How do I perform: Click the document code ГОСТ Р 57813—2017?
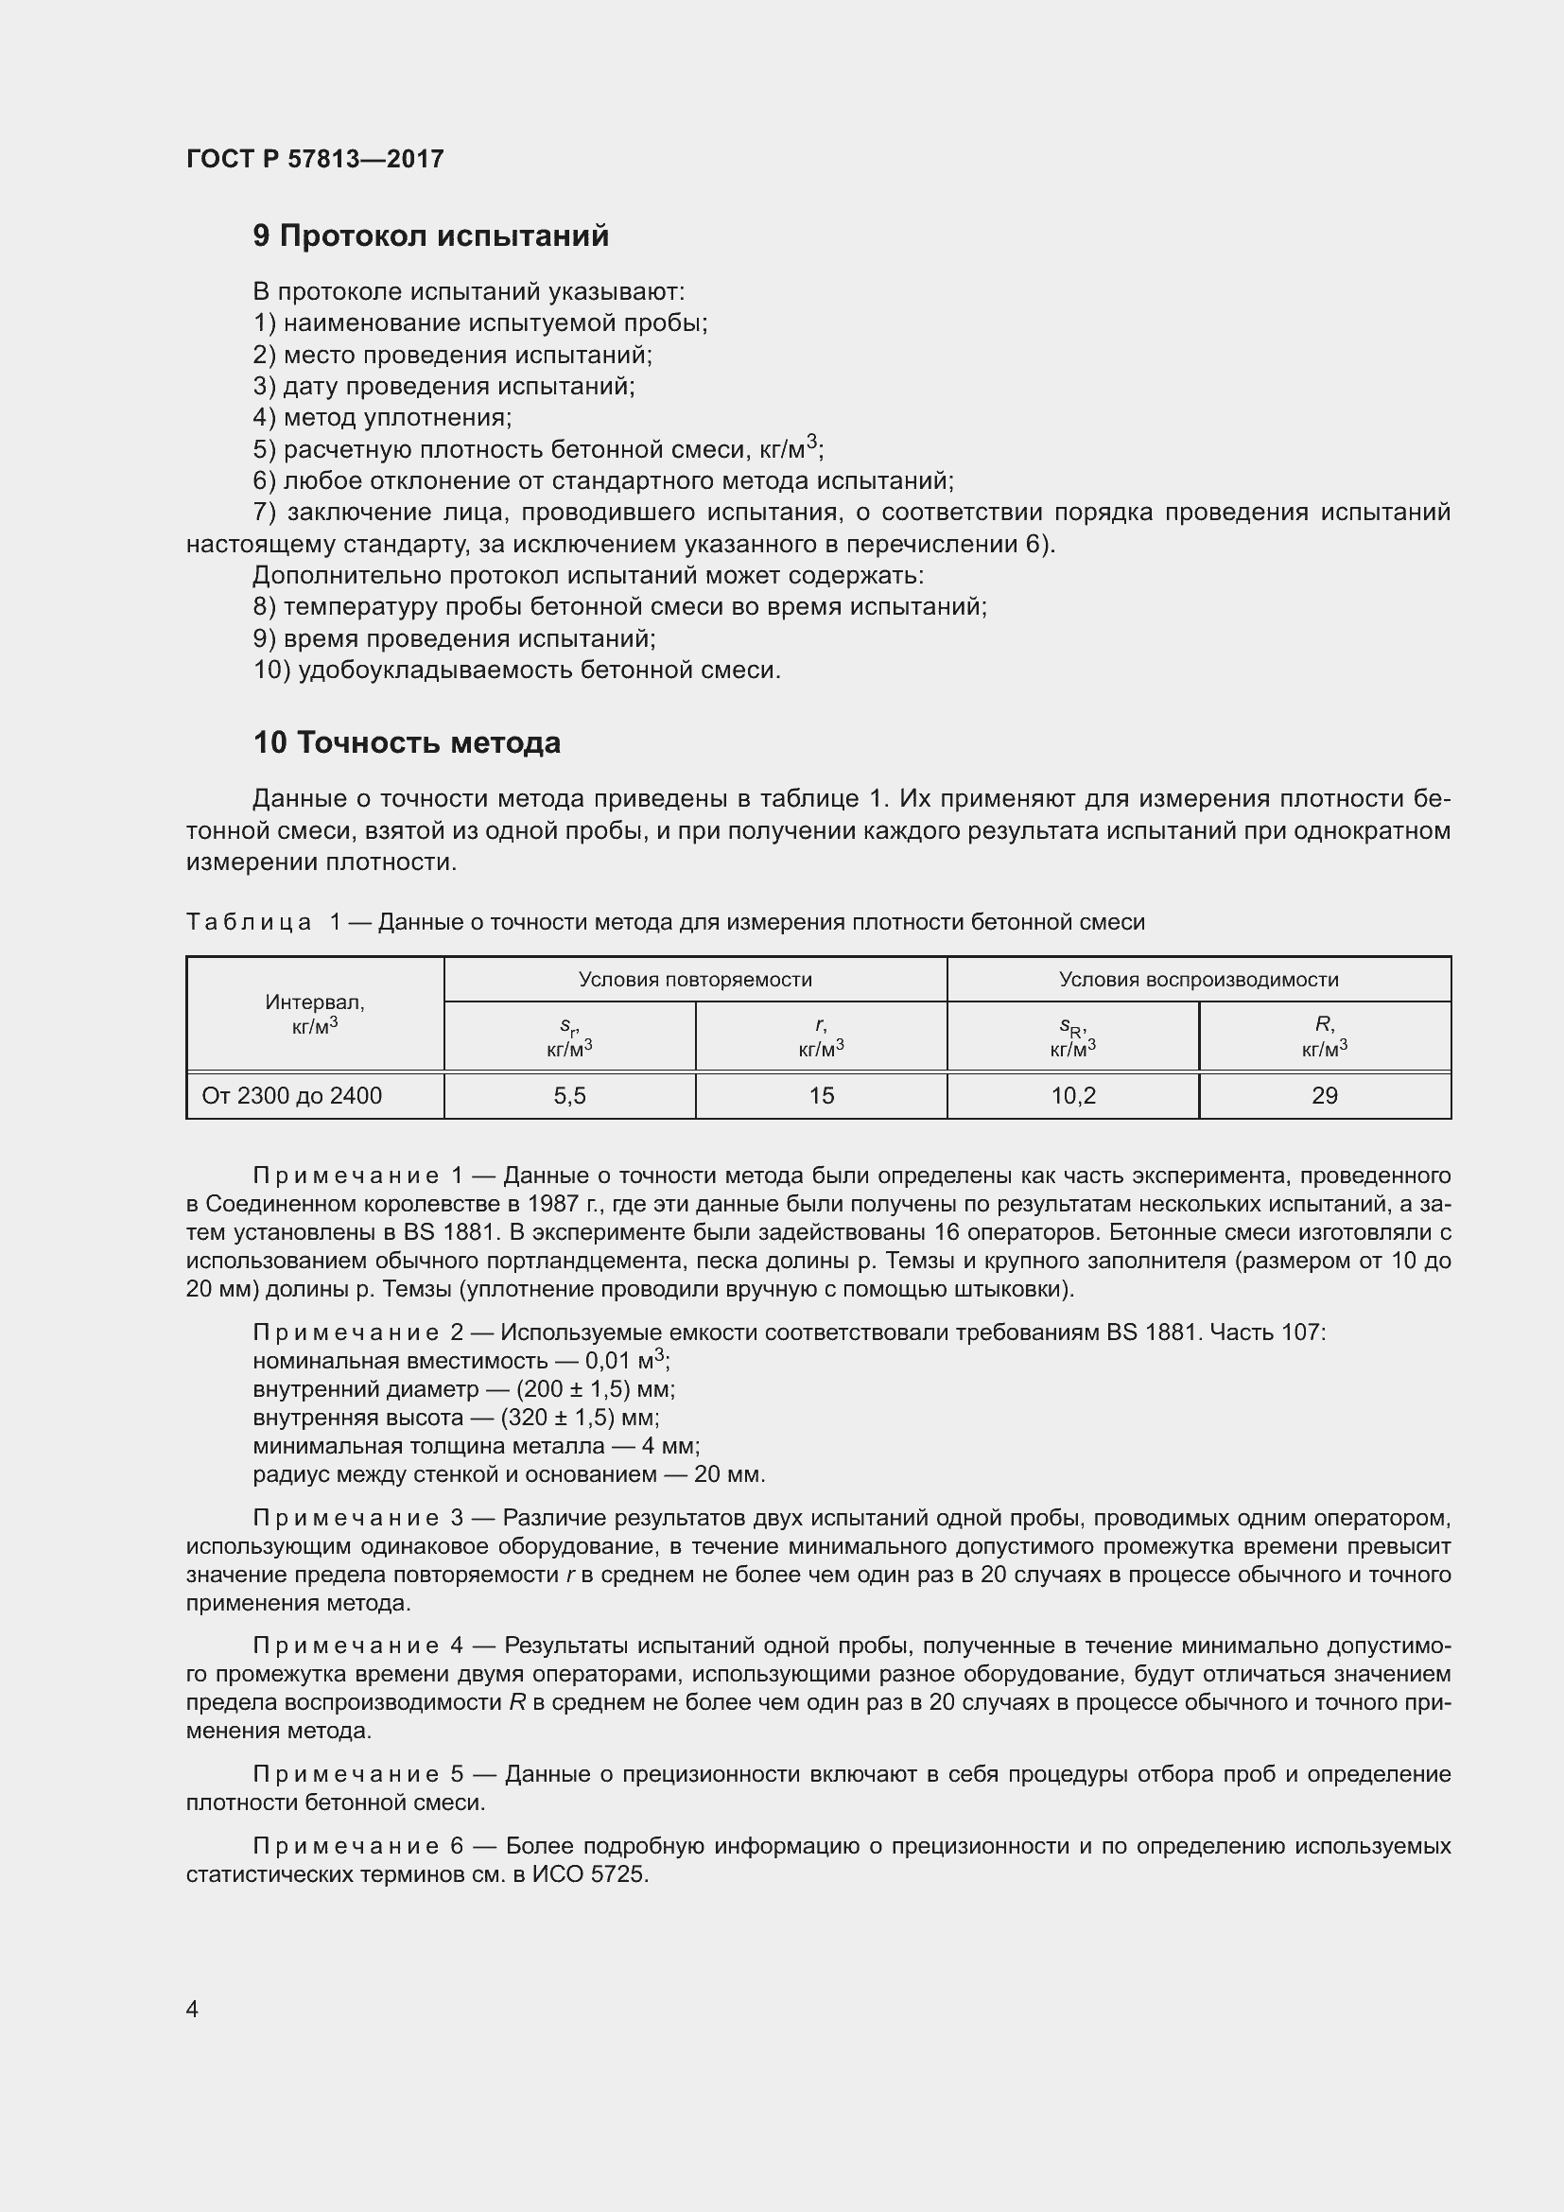(315, 159)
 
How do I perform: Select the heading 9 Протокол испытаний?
(430, 236)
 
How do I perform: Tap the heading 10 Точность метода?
(407, 742)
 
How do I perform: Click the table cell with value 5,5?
(569, 1095)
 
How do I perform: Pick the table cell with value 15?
(821, 1095)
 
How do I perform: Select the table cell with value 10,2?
(1073, 1095)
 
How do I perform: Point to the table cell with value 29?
(1324, 1095)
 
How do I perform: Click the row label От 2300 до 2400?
(292, 1095)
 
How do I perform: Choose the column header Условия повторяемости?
(694, 980)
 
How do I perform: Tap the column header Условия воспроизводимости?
(1198, 980)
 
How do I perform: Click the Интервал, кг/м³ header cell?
(315, 1014)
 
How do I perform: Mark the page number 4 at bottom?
(193, 2008)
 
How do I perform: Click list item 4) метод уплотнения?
(382, 418)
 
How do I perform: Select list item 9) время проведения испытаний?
(454, 638)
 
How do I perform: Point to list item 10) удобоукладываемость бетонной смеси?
(516, 671)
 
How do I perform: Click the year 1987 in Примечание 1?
(554, 1204)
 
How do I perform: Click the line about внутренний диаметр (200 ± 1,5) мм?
(463, 1389)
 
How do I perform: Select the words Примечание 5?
(358, 1774)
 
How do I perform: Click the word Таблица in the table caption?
(249, 923)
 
